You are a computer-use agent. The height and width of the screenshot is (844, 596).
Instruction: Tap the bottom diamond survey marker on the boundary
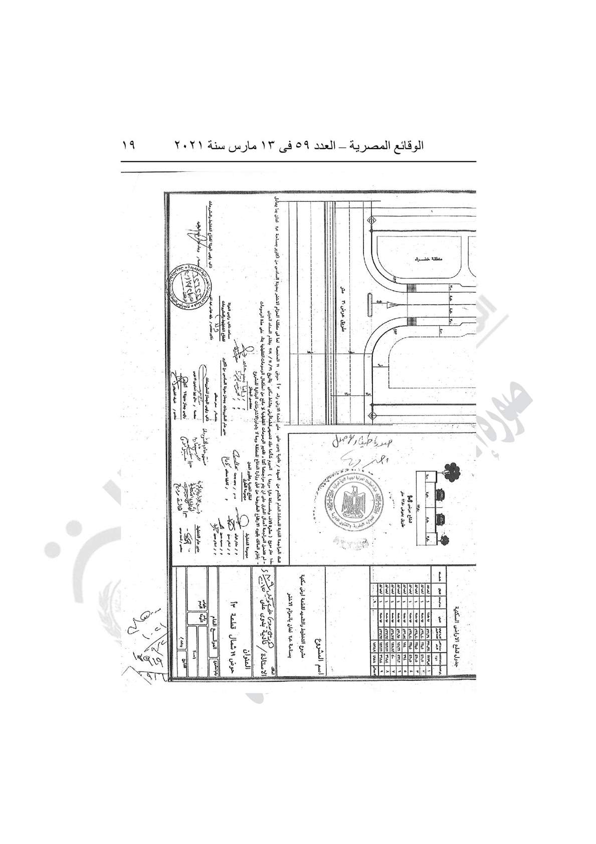click(x=371, y=414)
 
